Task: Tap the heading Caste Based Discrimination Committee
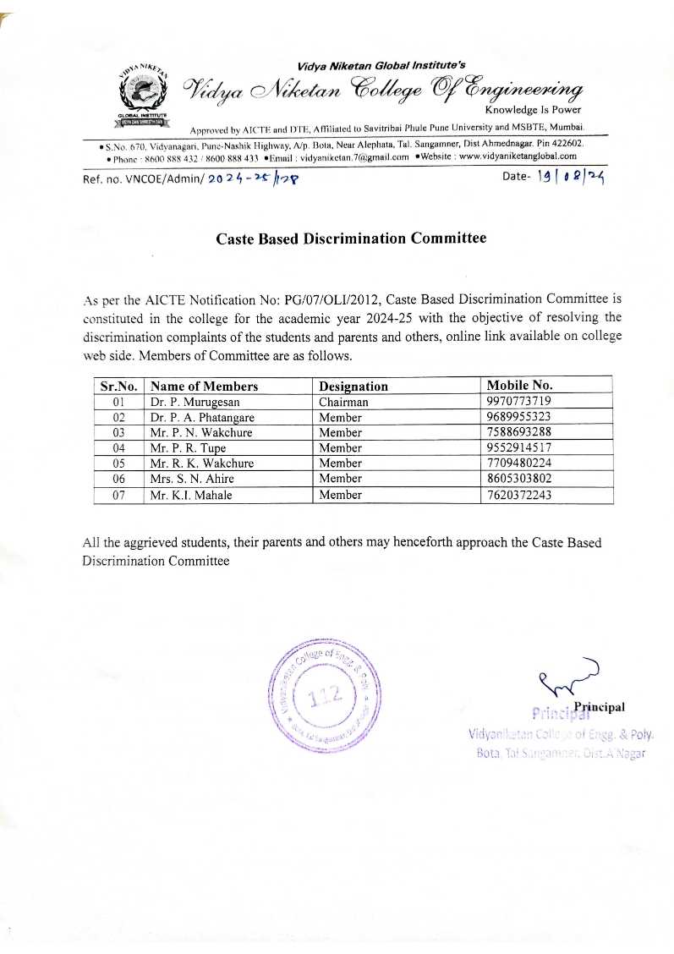351,238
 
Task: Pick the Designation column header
353,387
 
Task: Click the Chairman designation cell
343,402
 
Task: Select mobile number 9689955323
519,417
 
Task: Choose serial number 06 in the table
119,479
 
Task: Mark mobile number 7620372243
519,495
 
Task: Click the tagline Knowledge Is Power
533,110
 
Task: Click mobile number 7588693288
519,432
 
